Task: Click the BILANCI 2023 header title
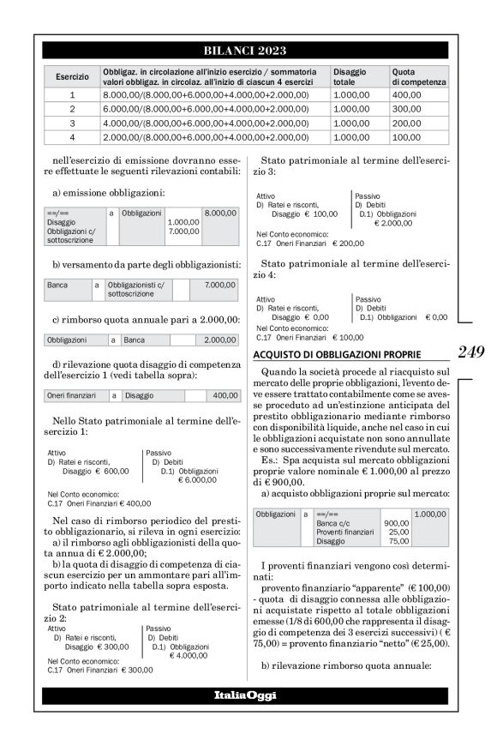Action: click(245, 51)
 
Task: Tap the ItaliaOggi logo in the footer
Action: click(245, 695)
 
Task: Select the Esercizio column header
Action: click(72, 77)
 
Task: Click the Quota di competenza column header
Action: click(418, 77)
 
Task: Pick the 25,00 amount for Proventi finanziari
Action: click(397, 532)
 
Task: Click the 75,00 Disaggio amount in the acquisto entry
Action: click(397, 541)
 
